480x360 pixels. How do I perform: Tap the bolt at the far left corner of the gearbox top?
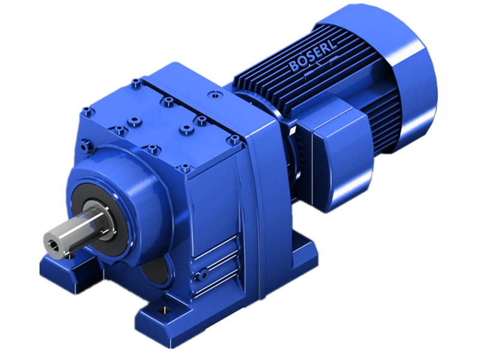point(88,110)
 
